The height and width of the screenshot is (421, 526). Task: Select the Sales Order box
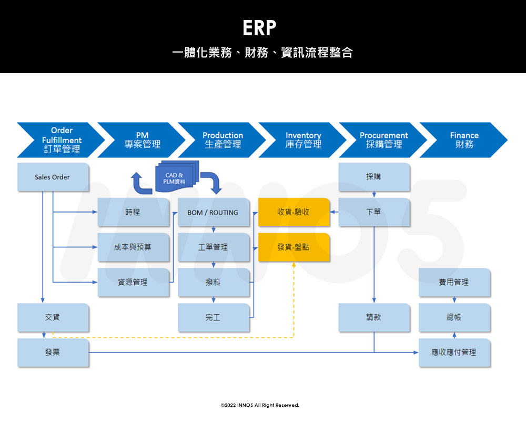point(53,177)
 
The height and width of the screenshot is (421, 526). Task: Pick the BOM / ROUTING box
point(213,213)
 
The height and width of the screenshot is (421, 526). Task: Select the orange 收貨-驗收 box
point(294,212)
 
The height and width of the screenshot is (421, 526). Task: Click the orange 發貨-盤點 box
point(294,247)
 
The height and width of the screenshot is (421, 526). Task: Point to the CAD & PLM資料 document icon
point(175,175)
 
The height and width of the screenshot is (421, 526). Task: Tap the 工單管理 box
point(213,247)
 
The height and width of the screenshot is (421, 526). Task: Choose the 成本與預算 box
point(133,247)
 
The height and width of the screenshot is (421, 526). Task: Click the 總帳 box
point(454,317)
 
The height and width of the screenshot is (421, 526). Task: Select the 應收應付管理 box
point(454,353)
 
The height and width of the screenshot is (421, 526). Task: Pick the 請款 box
point(373,317)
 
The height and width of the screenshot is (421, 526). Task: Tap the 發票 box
point(53,353)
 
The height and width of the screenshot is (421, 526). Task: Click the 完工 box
point(213,317)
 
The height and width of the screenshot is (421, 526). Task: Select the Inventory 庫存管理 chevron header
point(303,140)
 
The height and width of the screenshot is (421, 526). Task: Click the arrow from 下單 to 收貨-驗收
point(335,213)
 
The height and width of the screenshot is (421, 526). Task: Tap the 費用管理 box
point(454,283)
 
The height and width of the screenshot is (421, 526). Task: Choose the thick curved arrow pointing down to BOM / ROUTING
point(212,182)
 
